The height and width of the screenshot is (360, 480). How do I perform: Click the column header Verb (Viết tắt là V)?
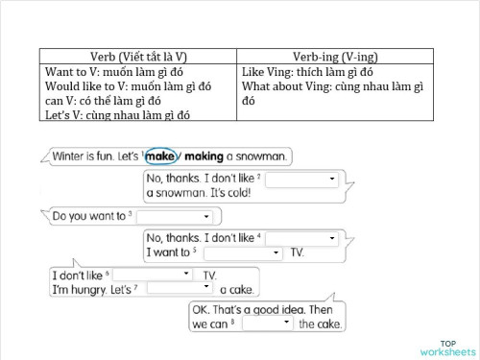(x=139, y=57)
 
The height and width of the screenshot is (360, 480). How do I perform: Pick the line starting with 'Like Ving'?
(x=307, y=73)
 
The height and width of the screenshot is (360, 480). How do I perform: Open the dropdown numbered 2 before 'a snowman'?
(x=301, y=179)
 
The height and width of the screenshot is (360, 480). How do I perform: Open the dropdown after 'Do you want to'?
(x=174, y=217)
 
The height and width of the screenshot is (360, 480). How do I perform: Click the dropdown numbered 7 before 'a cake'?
(x=180, y=289)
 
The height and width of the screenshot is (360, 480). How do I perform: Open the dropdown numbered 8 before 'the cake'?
(x=268, y=324)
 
